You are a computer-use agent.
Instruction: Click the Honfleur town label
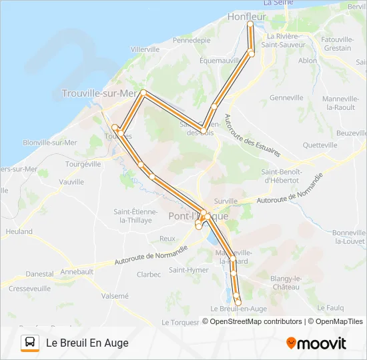247,16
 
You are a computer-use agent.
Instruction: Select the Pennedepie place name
192,40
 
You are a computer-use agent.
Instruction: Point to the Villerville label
145,49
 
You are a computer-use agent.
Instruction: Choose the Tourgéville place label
83,163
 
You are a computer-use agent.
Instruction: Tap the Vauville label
71,181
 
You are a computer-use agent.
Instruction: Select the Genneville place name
287,97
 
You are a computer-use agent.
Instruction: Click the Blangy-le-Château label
286,282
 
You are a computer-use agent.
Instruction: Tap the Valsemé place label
115,295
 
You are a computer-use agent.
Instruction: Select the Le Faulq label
330,307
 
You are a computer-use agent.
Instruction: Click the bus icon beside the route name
30,343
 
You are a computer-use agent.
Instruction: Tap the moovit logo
316,343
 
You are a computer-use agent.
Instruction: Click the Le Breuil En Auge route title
87,343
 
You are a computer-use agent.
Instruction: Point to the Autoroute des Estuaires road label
251,137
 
